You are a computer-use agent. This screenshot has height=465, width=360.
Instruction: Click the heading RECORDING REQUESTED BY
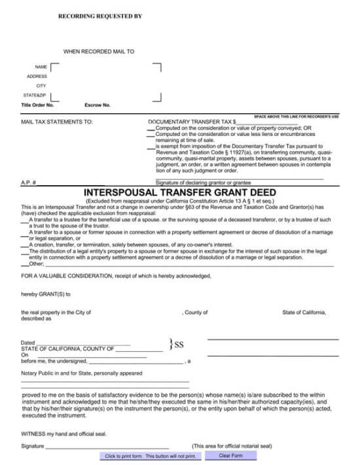coord(100,14)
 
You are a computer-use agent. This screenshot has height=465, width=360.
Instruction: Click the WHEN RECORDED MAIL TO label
coord(99,51)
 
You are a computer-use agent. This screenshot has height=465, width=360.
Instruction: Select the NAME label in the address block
coord(41,67)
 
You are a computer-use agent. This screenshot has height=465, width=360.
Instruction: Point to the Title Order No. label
coord(37,105)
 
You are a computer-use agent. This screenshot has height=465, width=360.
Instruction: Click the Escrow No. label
coord(98,105)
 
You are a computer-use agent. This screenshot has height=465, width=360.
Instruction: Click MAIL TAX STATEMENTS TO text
coord(57,122)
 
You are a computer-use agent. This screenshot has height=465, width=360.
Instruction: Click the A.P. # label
coord(28,182)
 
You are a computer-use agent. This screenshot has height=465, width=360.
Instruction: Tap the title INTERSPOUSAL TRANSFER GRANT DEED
coord(180,192)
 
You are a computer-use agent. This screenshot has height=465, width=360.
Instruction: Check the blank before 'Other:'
coord(25,264)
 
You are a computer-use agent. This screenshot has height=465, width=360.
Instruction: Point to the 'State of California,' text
coord(304,313)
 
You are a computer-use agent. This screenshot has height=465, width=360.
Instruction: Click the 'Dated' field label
coord(28,343)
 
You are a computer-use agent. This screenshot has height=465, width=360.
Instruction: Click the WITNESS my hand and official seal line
coord(64,434)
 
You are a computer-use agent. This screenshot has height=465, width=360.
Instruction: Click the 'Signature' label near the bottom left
coord(33,446)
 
